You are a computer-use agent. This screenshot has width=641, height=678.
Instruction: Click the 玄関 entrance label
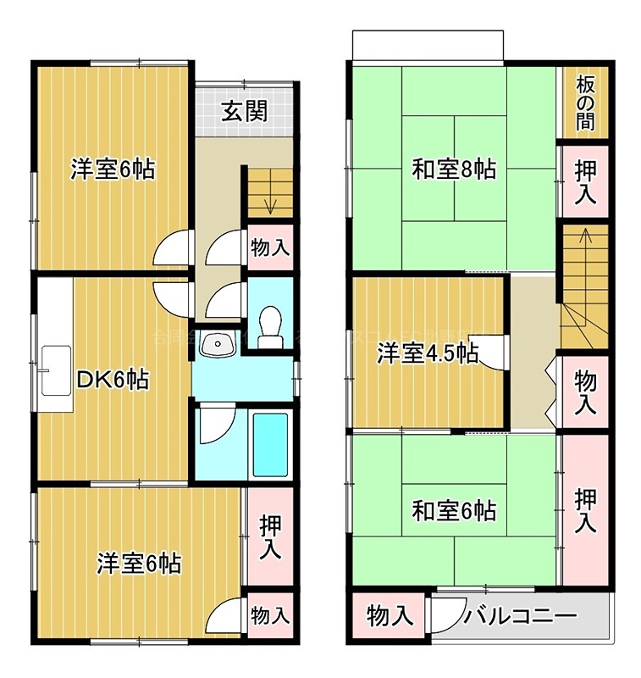(x=246, y=111)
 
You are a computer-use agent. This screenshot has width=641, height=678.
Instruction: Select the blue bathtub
(x=271, y=446)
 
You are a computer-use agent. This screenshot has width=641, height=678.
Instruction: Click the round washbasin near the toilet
(x=222, y=345)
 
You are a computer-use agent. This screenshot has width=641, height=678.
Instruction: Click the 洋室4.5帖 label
(x=427, y=353)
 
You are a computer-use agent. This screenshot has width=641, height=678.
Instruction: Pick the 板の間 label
(x=584, y=102)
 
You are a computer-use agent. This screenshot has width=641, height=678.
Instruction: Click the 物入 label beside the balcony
(x=390, y=616)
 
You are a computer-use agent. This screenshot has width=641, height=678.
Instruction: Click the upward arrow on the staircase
(x=583, y=237)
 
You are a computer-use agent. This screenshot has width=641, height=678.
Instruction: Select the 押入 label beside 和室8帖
(x=584, y=181)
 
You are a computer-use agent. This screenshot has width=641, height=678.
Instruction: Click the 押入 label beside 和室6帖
(x=584, y=509)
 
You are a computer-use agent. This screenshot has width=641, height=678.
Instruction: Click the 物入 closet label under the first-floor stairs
(x=271, y=248)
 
